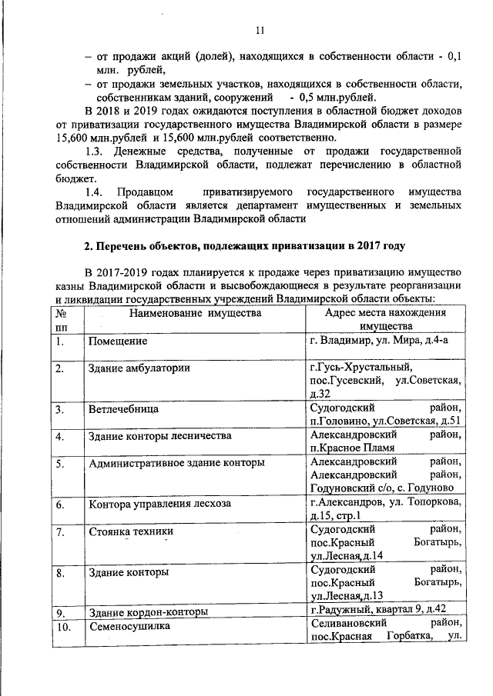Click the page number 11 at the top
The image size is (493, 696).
tap(260, 30)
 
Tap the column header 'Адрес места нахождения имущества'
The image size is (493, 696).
tap(386, 320)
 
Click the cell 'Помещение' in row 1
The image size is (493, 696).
tap(117, 341)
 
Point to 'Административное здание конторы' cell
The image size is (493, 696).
tap(176, 463)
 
